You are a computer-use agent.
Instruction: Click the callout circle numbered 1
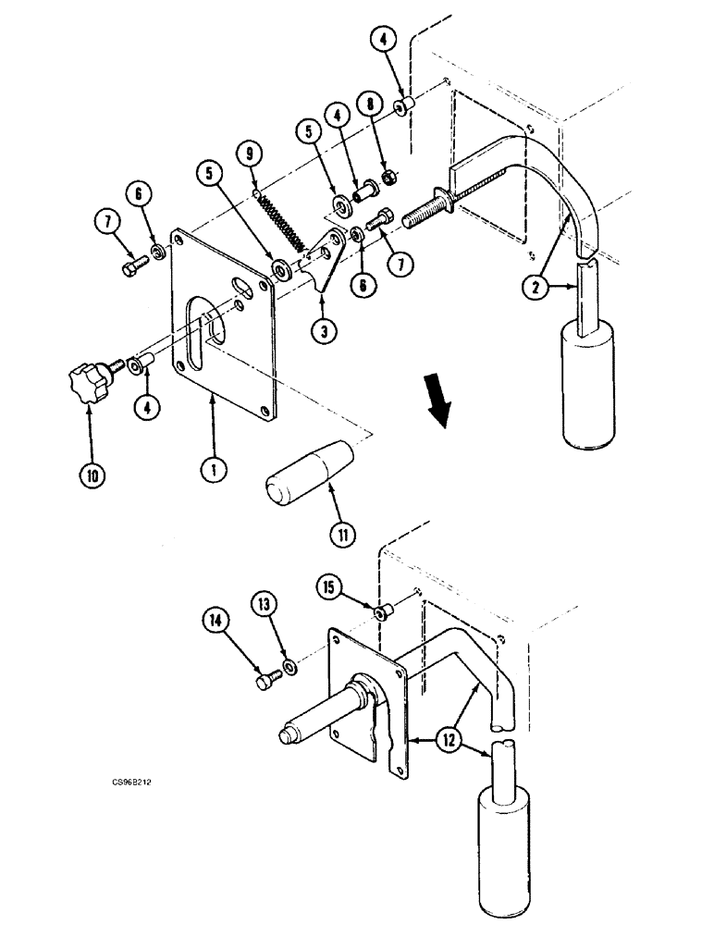[214, 470]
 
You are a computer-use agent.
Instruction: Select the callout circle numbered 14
[216, 623]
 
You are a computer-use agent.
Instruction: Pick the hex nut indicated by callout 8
[389, 176]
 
